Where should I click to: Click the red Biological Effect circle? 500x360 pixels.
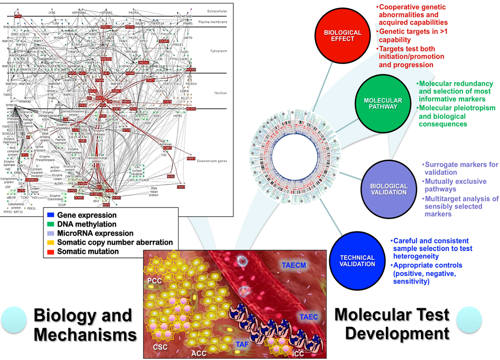pos(342,36)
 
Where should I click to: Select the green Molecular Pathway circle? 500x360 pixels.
pos(383,104)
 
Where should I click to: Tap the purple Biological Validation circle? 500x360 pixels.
pos(389,189)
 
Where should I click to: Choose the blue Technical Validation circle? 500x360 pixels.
pos(357,261)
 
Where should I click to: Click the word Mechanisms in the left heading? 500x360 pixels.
pos(85,335)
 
